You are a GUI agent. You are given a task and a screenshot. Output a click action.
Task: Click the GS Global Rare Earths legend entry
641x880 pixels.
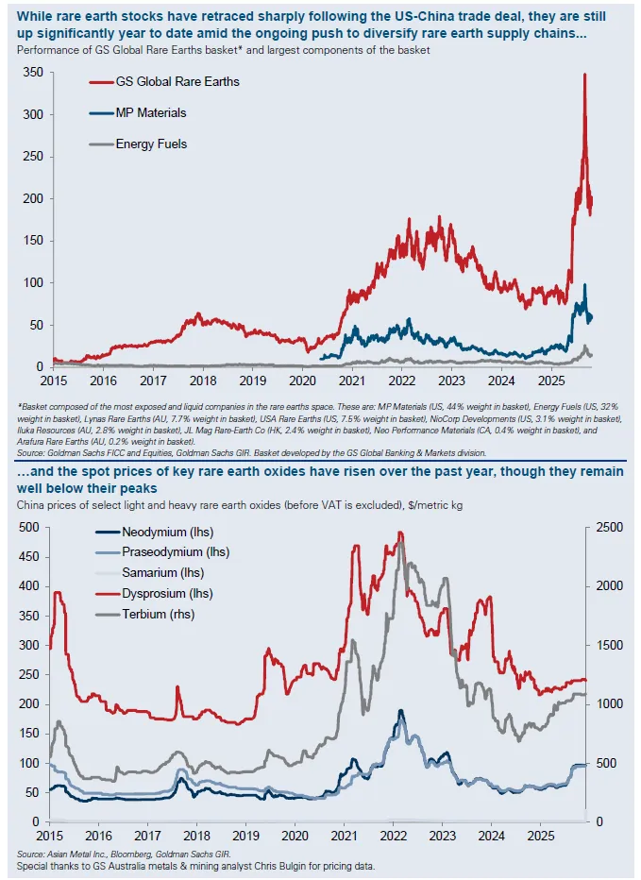[x=177, y=81]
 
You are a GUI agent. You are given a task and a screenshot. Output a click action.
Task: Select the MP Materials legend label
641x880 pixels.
[x=151, y=112]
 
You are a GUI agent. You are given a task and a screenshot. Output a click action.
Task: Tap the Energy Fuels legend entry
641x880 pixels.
[x=151, y=144]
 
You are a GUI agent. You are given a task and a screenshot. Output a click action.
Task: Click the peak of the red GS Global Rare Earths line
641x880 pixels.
[x=585, y=75]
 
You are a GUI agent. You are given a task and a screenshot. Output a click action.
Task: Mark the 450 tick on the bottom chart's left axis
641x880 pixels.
[x=30, y=556]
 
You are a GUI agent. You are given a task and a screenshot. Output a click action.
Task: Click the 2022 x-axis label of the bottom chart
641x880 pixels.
[x=393, y=836]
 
